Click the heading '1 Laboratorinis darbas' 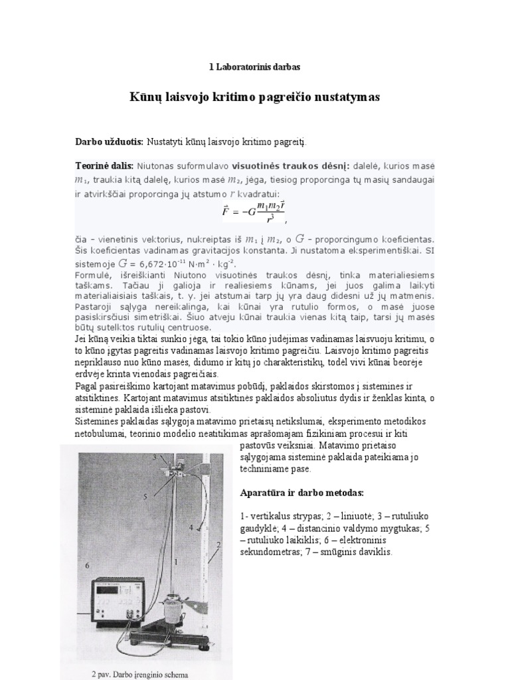(x=254, y=67)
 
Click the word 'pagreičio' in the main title (x=294, y=97)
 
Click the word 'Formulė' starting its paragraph (x=92, y=275)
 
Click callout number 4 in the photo (x=191, y=527)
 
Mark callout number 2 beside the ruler (x=218, y=545)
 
